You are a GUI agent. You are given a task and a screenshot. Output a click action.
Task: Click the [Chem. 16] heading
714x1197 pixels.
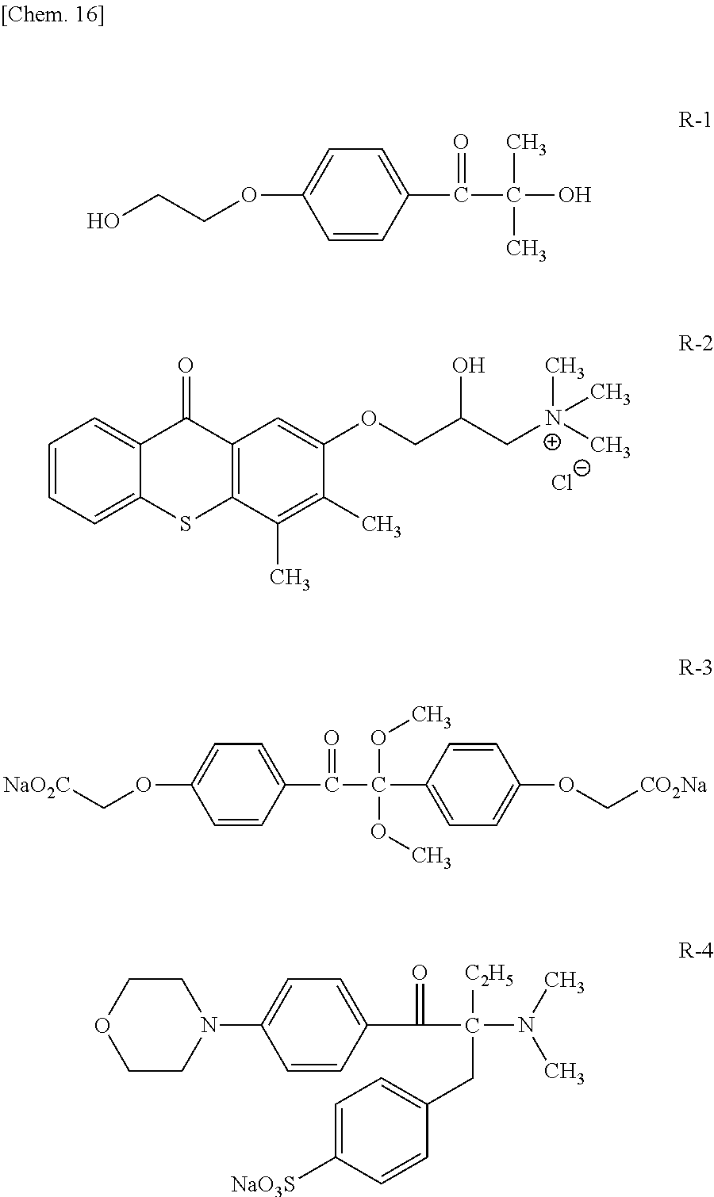point(52,16)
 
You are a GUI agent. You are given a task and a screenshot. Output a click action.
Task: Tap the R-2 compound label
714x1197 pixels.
point(695,343)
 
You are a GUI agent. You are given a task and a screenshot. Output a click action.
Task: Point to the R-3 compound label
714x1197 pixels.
point(695,667)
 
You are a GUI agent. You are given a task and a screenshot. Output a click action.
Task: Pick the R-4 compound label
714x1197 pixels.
point(695,950)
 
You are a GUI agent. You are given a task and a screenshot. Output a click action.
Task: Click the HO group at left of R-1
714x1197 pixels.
point(103,220)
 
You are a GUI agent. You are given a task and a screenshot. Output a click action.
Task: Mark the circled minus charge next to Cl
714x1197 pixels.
point(582,468)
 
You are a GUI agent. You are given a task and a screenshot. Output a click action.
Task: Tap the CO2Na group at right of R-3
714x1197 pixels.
point(674,785)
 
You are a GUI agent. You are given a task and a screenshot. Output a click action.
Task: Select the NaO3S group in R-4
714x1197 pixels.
point(263,1184)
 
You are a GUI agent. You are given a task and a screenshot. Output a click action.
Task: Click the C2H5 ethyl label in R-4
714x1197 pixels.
point(489,974)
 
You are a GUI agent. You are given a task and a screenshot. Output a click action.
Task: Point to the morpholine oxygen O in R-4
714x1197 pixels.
point(102,1026)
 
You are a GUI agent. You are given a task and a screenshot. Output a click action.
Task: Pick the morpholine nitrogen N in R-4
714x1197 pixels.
point(208,1026)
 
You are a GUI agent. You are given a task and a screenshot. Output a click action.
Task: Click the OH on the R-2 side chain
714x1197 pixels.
point(468,365)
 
